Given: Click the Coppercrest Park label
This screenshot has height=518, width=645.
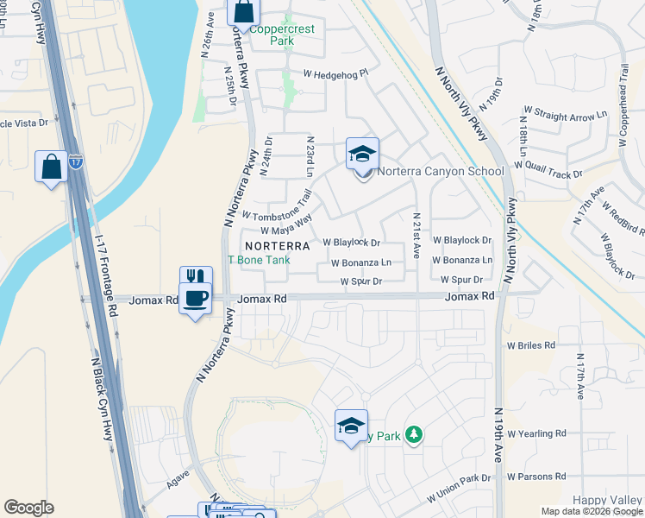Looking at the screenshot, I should point(282,35).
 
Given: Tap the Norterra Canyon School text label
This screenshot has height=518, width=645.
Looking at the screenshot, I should point(440,171).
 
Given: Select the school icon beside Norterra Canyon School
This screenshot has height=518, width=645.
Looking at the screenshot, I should point(363,155).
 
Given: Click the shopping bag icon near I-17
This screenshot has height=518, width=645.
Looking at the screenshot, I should point(52,166).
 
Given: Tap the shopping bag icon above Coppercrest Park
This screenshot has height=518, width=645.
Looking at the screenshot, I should point(244,12).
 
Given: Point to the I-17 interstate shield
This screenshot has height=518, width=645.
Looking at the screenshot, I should point(76,161).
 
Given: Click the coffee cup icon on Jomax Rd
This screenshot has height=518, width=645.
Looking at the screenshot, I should point(196,299).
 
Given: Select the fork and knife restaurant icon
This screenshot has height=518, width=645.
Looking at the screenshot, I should point(196,277).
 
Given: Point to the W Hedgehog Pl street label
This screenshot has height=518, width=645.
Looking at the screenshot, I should point(335,73).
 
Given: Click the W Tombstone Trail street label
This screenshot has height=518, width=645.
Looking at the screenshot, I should point(276,207).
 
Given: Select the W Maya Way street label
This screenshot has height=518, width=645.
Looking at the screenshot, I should point(285,225).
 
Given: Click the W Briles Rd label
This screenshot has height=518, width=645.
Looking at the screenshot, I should point(531,345).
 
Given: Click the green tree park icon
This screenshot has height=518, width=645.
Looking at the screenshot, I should point(415,434).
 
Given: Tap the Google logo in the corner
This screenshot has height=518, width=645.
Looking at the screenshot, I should point(28,508).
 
